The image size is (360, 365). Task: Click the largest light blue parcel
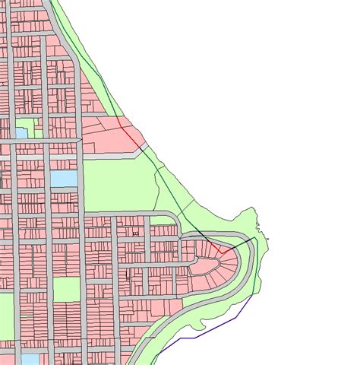tap(64, 179)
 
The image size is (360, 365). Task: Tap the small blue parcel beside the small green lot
tap(21, 132)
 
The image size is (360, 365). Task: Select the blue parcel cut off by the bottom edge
tap(30, 359)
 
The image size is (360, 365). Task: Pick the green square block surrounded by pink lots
tap(66, 289)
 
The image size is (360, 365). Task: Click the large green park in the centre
tap(118, 182)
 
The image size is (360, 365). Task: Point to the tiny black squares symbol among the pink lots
tap(135, 234)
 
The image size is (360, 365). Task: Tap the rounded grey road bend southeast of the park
tap(176, 220)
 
